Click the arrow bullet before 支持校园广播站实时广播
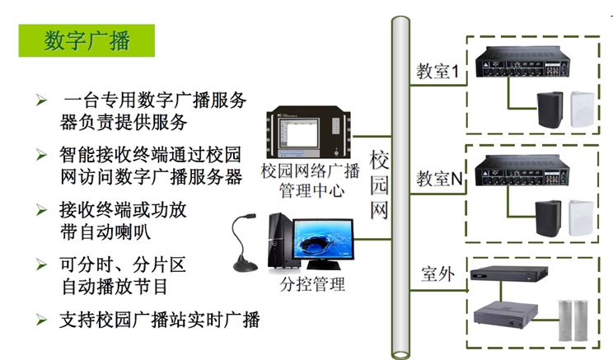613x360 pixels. (40, 318)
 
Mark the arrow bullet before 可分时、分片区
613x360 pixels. (40, 264)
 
